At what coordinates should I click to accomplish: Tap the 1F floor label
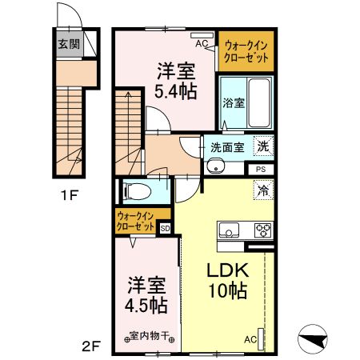click(x=67, y=194)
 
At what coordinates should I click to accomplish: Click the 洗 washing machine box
click(x=262, y=146)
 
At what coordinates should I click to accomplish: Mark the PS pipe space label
click(x=260, y=169)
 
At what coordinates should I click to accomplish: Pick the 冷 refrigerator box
click(x=262, y=190)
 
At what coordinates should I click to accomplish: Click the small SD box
click(x=165, y=228)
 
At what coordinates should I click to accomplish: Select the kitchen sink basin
click(x=229, y=232)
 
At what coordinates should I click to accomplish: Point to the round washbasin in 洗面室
click(x=213, y=166)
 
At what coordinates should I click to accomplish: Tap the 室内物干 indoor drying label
click(x=146, y=337)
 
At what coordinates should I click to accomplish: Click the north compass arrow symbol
click(x=313, y=339)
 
